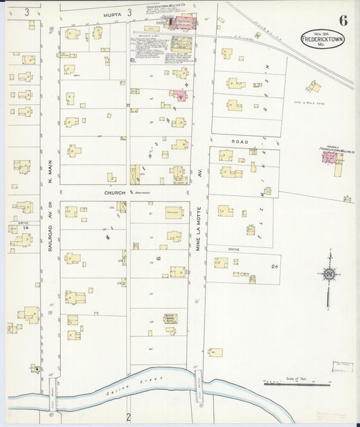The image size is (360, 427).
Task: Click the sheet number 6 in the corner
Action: [x=343, y=20]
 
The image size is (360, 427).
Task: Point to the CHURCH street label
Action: [x=115, y=193]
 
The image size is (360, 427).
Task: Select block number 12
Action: [x=158, y=259]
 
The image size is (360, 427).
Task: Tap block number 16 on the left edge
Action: [x=26, y=229]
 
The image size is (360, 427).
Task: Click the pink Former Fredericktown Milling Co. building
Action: [x=330, y=157]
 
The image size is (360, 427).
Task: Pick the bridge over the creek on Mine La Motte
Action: [x=199, y=380]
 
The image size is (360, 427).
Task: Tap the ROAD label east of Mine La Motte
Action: [x=239, y=142]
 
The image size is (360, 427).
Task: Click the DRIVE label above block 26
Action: [x=234, y=249]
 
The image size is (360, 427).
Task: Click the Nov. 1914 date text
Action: [x=322, y=31]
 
